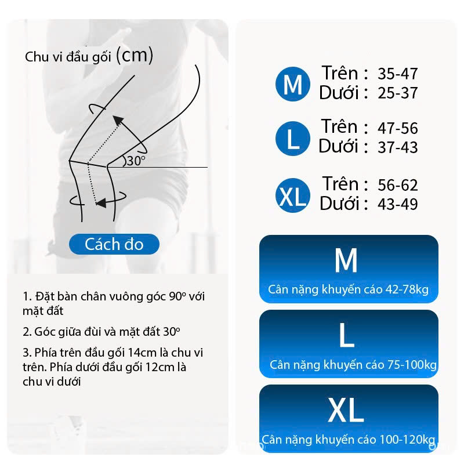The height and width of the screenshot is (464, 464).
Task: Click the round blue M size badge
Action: pyautogui.click(x=293, y=84)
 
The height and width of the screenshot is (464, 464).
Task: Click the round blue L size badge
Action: pyautogui.click(x=293, y=139)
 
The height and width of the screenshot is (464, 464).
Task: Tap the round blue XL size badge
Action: pyautogui.click(x=293, y=195)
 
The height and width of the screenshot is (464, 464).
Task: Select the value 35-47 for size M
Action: pyautogui.click(x=397, y=74)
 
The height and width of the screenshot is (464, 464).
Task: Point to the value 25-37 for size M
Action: pyautogui.click(x=397, y=93)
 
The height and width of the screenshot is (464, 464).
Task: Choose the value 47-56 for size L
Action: pyautogui.click(x=397, y=128)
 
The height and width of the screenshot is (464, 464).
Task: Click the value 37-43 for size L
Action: pyautogui.click(x=397, y=147)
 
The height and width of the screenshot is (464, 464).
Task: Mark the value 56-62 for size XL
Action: pyautogui.click(x=397, y=185)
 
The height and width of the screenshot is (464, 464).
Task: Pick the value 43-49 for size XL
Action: pyautogui.click(x=397, y=204)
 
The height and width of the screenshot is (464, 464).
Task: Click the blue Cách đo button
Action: pyautogui.click(x=114, y=244)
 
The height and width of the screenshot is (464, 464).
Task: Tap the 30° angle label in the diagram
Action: pyautogui.click(x=136, y=161)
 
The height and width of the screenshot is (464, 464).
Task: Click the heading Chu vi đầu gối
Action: pyautogui.click(x=68, y=56)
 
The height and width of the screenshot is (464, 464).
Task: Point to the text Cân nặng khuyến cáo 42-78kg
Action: pyautogui.click(x=349, y=289)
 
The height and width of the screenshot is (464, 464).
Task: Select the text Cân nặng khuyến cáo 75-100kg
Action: pyautogui.click(x=353, y=365)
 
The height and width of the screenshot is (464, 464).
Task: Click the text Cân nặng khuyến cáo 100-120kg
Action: pyautogui.click(x=349, y=440)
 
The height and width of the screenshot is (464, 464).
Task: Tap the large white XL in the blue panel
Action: pyautogui.click(x=346, y=410)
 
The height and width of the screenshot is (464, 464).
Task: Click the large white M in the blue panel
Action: pyautogui.click(x=346, y=260)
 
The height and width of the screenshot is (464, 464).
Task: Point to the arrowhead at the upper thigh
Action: pyautogui.click(x=118, y=121)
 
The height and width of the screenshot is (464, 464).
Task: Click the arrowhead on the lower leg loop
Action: pyautogui.click(x=100, y=204)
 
